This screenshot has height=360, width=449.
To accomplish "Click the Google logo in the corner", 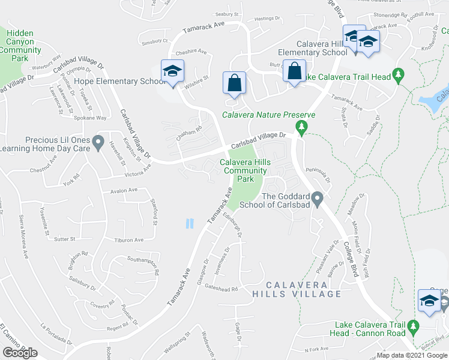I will pos(20,352).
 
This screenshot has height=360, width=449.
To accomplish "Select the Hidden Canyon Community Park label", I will pos(20,46).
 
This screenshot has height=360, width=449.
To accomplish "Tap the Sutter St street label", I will pos(64,239).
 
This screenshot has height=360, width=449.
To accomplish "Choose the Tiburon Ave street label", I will pos(130,240).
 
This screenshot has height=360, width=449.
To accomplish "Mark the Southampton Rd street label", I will pos(143,263).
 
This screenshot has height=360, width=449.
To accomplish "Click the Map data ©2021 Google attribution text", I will pos(411,355).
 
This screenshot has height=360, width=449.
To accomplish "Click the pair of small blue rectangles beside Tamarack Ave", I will pos(190,224).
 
